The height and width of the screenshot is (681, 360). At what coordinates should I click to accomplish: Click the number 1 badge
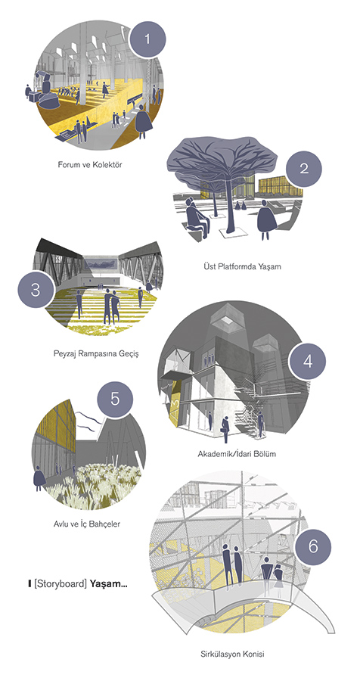(147, 40)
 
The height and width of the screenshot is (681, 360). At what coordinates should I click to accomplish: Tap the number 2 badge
(304, 169)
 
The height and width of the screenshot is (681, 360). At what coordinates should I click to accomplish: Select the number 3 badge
(36, 291)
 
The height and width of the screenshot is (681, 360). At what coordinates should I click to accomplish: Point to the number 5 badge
(115, 399)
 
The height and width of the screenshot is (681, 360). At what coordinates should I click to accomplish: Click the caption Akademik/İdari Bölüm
(237, 454)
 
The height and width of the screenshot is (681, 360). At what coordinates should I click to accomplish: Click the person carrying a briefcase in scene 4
(225, 429)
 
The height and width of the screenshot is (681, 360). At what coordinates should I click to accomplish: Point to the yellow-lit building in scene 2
(273, 186)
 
